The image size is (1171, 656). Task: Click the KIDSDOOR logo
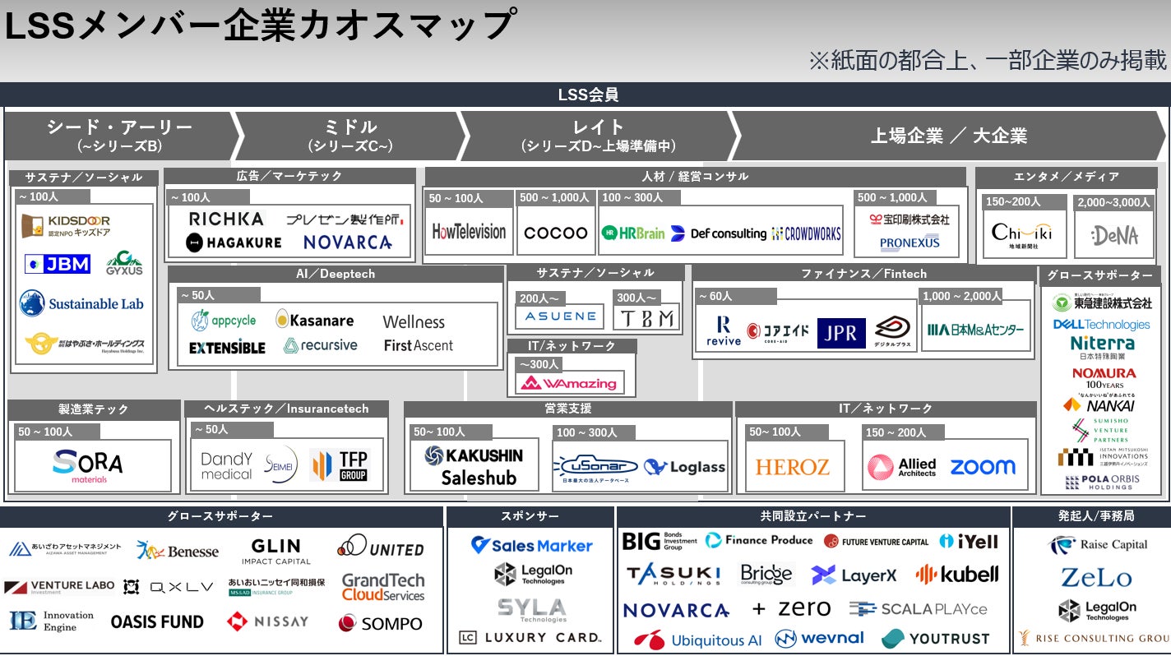(66, 226)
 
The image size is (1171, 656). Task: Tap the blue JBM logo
(57, 264)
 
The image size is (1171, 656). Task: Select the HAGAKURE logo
(234, 242)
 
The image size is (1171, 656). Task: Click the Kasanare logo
(314, 320)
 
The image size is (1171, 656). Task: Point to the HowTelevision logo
(469, 232)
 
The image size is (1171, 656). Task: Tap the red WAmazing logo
(571, 383)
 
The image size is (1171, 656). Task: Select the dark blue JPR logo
(840, 332)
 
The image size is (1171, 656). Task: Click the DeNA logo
(1115, 236)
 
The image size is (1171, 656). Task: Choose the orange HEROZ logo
(792, 467)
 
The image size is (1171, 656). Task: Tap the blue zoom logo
(983, 467)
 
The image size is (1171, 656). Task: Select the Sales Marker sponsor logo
(531, 545)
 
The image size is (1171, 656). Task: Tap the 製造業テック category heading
(93, 409)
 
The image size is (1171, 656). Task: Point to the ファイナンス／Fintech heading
(863, 274)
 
